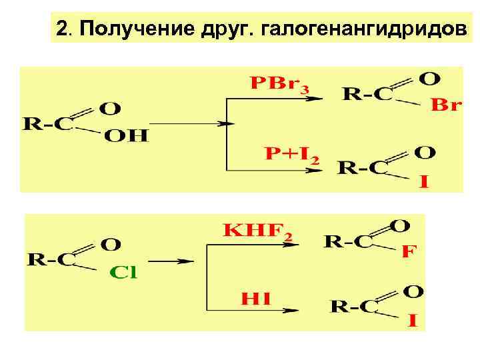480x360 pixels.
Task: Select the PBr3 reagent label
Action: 279,85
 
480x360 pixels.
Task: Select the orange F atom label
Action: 409,253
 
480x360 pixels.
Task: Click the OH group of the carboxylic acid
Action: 127,137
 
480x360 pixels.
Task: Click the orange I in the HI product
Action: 413,322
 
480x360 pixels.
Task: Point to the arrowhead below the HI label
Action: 291,309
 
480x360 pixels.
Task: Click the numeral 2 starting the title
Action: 62,29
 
